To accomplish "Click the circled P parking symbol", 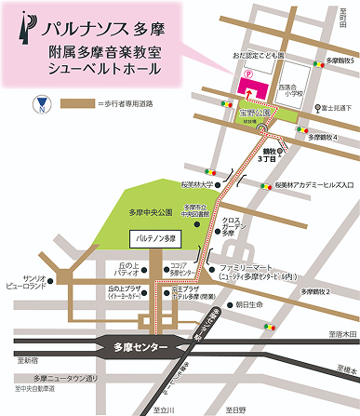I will pyautogui.click(x=247, y=73).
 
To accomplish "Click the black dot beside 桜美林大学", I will pyautogui.click(x=233, y=184).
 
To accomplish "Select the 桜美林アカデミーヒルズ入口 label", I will pyautogui.click(x=302, y=185).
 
